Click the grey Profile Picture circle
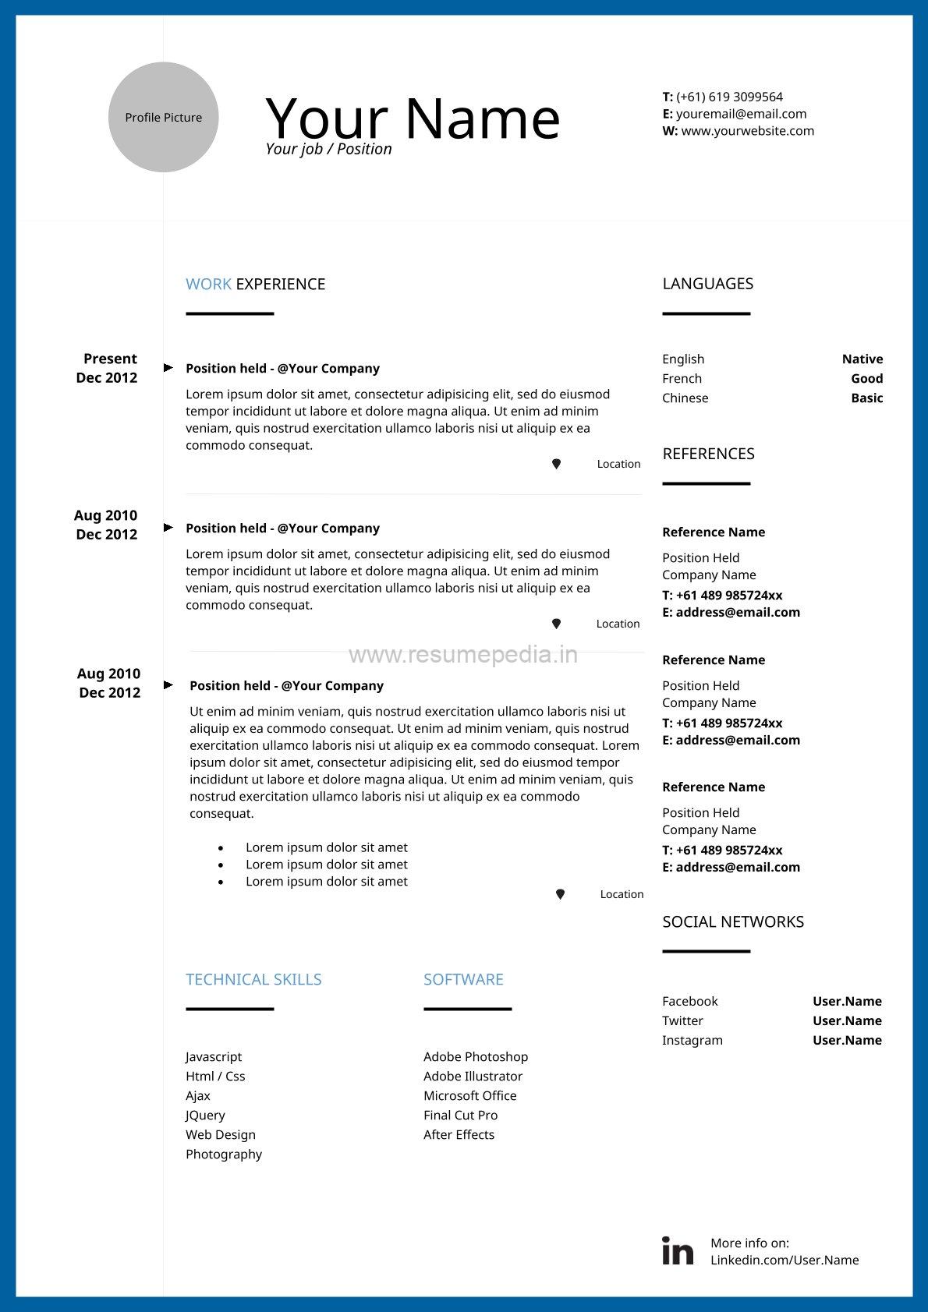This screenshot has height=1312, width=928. (x=163, y=117)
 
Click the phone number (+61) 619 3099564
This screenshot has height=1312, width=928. (x=729, y=97)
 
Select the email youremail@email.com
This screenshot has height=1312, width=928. (x=741, y=114)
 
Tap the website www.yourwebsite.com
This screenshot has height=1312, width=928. (x=747, y=131)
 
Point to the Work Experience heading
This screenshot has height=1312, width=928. (x=255, y=284)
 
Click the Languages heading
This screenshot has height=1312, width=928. (x=707, y=284)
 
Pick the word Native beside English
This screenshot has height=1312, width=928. (x=862, y=359)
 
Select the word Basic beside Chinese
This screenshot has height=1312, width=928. (x=866, y=398)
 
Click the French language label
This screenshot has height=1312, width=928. (x=682, y=379)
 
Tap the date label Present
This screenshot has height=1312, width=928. (x=110, y=359)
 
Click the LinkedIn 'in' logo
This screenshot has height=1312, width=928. (x=677, y=1250)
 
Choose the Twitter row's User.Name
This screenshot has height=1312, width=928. (x=847, y=1021)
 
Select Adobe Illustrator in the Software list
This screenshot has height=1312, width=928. (x=473, y=1077)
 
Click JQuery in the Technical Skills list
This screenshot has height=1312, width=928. (x=205, y=1116)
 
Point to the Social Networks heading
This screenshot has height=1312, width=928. (x=733, y=922)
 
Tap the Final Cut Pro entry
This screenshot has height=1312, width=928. (x=460, y=1116)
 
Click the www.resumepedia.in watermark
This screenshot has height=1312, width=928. (x=463, y=655)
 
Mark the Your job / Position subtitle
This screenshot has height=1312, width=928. (x=328, y=149)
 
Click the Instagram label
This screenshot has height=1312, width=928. (x=692, y=1041)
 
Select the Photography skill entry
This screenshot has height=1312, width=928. (x=224, y=1155)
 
